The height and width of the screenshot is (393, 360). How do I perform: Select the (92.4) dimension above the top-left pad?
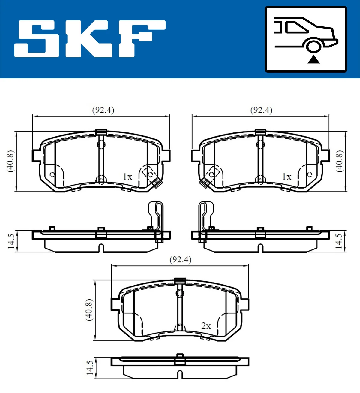(103, 110)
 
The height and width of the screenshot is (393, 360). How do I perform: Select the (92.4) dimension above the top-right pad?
(261, 110)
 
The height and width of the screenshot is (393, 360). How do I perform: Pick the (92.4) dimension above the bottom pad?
(180, 259)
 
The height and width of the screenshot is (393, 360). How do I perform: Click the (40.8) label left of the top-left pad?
(10, 161)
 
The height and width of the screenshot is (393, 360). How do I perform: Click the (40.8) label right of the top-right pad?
(339, 161)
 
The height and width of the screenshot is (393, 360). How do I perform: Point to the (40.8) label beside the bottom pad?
(89, 310)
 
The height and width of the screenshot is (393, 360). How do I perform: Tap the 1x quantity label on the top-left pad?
(127, 177)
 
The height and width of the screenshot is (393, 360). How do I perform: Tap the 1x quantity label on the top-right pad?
(287, 177)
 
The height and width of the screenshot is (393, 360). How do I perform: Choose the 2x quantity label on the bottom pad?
(206, 326)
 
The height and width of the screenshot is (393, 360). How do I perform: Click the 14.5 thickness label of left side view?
(11, 241)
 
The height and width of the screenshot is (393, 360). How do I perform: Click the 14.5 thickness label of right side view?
(339, 241)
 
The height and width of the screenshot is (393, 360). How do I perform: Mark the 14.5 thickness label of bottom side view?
(90, 368)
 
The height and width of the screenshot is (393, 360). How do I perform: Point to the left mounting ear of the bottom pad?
(115, 304)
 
